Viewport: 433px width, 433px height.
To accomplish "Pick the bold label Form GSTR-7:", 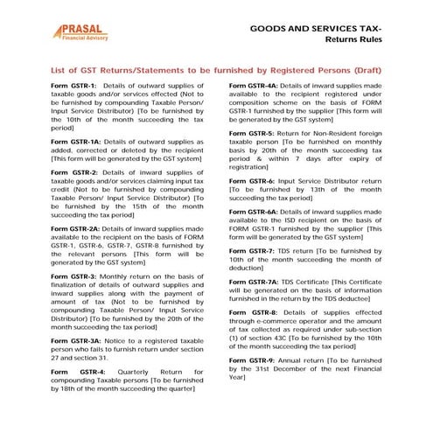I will click(250, 250).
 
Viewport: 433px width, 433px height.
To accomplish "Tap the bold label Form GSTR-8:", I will click(252, 311).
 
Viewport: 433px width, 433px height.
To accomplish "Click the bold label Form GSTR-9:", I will click(250, 360).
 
